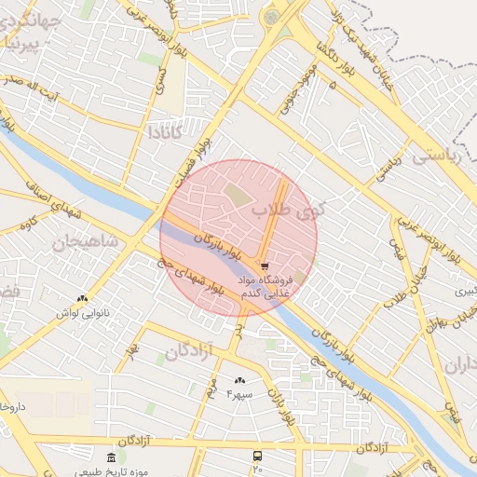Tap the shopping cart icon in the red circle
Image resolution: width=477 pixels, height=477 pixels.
point(266,266)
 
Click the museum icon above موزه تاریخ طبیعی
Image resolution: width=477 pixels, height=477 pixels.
point(112,457)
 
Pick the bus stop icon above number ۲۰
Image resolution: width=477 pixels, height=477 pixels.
point(257,457)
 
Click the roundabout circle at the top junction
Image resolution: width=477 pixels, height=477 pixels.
point(271,17)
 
